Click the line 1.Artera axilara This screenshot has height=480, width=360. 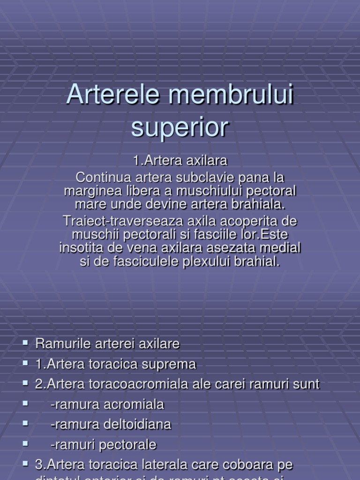click(x=180, y=161)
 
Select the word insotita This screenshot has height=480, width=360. click(x=82, y=247)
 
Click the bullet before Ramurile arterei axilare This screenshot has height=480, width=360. click(x=25, y=343)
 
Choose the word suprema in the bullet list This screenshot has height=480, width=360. click(x=172, y=364)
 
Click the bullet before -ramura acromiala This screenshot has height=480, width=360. click(x=25, y=404)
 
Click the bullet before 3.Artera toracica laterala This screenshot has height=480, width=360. click(x=25, y=464)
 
